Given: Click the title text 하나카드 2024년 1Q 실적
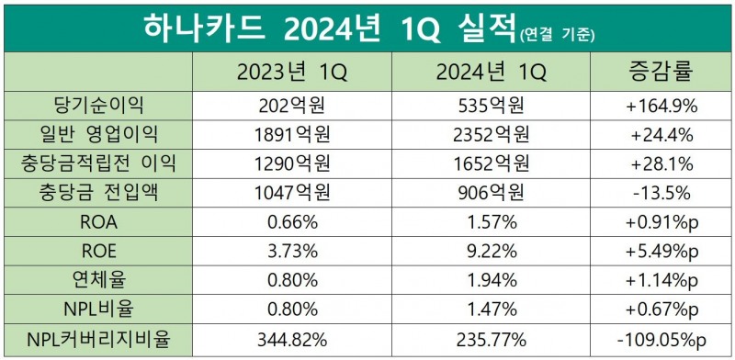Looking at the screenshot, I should [330, 28].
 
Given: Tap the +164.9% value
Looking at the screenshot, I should [661, 106].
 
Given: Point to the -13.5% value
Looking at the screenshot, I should [661, 196].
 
